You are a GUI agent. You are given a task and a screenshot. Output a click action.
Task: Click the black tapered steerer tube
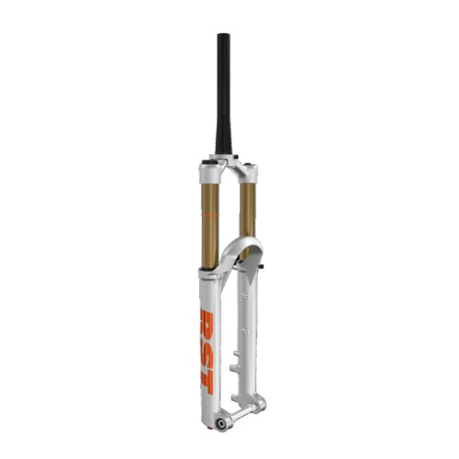tap(224, 95)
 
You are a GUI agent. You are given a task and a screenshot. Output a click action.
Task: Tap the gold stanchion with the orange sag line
tap(210, 225)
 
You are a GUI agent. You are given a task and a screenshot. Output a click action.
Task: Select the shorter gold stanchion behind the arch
tap(248, 213)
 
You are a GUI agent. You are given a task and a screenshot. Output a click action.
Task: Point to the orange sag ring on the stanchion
tap(210, 216)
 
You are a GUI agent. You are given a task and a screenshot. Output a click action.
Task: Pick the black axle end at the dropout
tap(220, 424)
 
